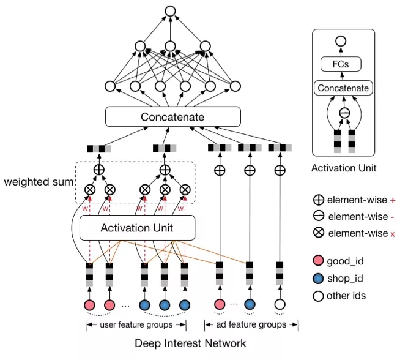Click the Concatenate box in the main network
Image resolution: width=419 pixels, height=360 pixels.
[172, 117]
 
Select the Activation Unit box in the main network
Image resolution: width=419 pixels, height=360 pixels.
[137, 228]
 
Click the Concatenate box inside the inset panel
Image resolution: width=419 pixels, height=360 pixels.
[343, 88]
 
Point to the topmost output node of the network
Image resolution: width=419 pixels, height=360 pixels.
[170, 10]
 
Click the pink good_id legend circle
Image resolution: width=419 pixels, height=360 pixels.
[318, 261]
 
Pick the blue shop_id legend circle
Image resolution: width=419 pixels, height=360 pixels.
[318, 279]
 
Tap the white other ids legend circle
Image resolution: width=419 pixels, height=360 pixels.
[318, 296]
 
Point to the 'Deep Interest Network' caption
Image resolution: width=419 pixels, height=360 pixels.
[190, 343]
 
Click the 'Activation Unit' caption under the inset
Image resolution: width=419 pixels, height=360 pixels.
[344, 167]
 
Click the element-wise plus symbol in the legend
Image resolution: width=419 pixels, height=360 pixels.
[318, 200]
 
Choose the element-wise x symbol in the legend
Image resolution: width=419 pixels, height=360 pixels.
[318, 233]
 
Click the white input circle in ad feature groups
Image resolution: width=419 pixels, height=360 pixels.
[280, 304]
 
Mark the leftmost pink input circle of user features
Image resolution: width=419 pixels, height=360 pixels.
[89, 304]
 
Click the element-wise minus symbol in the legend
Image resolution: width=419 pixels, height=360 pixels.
[318, 216]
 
